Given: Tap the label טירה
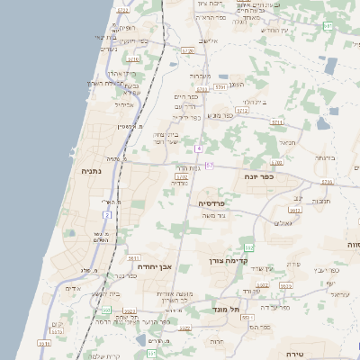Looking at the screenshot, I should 294,354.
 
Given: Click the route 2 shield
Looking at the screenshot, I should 108,215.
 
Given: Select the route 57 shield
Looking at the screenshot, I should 210,166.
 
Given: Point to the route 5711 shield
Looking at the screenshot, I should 277,121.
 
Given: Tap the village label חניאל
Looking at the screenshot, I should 287,141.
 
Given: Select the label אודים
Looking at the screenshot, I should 74,288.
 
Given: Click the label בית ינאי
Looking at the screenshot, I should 105,37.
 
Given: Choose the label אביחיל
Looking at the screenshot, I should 124,104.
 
